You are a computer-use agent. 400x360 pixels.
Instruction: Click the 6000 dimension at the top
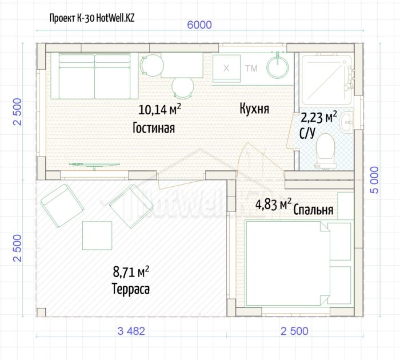[199, 25]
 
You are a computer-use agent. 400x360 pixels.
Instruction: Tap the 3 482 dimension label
[131, 331]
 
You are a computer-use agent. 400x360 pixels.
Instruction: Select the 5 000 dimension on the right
[374, 180]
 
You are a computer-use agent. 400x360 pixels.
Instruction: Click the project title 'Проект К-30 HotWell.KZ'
[92, 18]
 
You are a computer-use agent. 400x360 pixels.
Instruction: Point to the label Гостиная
[154, 128]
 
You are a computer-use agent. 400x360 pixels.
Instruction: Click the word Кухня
[254, 109]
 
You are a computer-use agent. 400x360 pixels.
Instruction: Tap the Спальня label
[313, 210]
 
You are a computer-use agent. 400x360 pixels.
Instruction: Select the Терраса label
[131, 289]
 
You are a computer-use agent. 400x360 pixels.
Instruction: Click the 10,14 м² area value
[160, 109]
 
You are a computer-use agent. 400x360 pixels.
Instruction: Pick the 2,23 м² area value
[319, 117]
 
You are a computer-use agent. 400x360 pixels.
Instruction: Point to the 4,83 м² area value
[273, 205]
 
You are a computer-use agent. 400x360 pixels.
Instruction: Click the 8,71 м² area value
[131, 272]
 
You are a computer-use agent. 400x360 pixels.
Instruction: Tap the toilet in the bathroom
[325, 151]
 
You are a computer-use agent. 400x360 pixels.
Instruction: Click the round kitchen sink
[278, 67]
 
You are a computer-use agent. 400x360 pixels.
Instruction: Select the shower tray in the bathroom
[326, 80]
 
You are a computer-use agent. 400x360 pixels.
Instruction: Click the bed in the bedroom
[298, 263]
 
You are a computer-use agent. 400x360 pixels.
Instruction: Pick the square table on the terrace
[97, 235]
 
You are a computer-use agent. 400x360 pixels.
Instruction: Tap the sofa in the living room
[94, 76]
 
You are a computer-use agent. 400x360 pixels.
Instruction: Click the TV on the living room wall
[94, 165]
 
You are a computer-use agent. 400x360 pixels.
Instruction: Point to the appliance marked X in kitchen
[226, 69]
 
